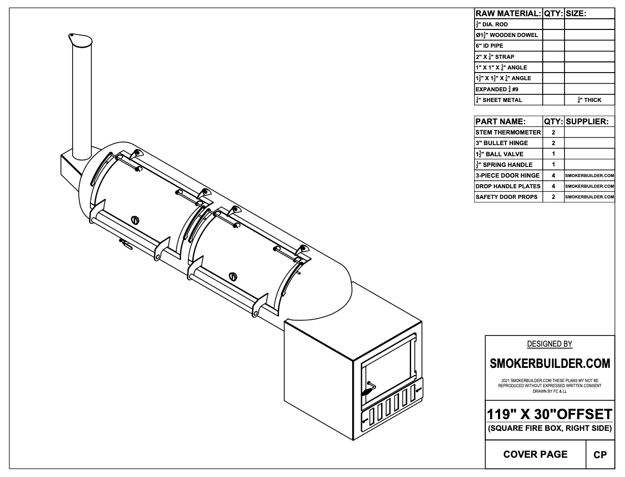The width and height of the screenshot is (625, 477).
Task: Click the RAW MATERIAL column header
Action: click(508, 14)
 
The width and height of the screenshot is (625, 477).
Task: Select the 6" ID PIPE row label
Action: click(490, 46)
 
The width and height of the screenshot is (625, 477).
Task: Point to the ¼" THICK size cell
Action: click(589, 100)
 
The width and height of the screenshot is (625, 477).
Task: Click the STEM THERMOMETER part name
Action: click(508, 132)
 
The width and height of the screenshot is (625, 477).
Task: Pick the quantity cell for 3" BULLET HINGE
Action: click(553, 143)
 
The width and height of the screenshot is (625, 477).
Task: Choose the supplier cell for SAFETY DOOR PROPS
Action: click(589, 197)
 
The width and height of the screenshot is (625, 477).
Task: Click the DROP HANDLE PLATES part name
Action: click(508, 186)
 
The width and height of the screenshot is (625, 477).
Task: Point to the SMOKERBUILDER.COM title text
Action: click(549, 363)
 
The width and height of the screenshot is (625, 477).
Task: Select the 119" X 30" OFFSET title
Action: click(549, 415)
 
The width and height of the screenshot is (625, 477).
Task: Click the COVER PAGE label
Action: click(535, 454)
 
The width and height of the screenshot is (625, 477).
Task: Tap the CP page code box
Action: click(600, 455)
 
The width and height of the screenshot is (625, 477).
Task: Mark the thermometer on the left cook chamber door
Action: click(135, 220)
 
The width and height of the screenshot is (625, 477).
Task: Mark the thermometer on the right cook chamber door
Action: click(233, 276)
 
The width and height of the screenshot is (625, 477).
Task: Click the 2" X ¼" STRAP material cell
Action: click(495, 56)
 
